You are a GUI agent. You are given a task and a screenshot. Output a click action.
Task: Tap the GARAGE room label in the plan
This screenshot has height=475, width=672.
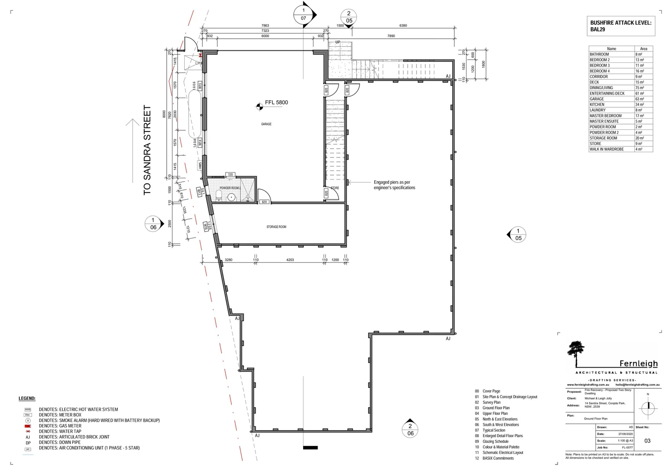266,124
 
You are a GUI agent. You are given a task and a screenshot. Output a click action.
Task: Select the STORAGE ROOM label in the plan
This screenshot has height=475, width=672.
276,227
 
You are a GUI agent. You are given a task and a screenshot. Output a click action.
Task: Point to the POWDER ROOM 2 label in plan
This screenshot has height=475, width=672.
230,188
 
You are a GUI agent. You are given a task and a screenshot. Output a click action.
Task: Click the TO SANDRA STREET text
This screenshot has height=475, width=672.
147,150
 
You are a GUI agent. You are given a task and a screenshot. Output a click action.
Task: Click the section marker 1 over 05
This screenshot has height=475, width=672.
518,234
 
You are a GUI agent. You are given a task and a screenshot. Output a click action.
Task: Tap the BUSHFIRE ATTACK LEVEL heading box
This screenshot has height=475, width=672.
621,26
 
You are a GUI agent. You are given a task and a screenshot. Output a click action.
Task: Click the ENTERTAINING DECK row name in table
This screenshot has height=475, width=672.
607,94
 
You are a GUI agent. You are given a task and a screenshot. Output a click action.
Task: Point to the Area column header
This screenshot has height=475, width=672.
643,49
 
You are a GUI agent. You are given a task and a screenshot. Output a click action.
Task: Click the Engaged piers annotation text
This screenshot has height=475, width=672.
394,185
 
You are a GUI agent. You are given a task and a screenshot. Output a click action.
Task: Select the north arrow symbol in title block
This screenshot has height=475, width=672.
647,407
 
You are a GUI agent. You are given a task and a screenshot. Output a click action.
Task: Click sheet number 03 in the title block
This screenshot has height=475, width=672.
647,441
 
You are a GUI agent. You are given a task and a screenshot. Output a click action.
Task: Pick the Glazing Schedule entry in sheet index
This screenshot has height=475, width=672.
495,442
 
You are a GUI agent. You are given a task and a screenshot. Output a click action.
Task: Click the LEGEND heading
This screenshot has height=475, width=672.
27,398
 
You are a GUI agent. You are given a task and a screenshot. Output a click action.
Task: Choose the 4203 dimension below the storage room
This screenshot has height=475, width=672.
290,260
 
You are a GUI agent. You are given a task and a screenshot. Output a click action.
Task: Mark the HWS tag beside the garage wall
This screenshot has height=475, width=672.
200,166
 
